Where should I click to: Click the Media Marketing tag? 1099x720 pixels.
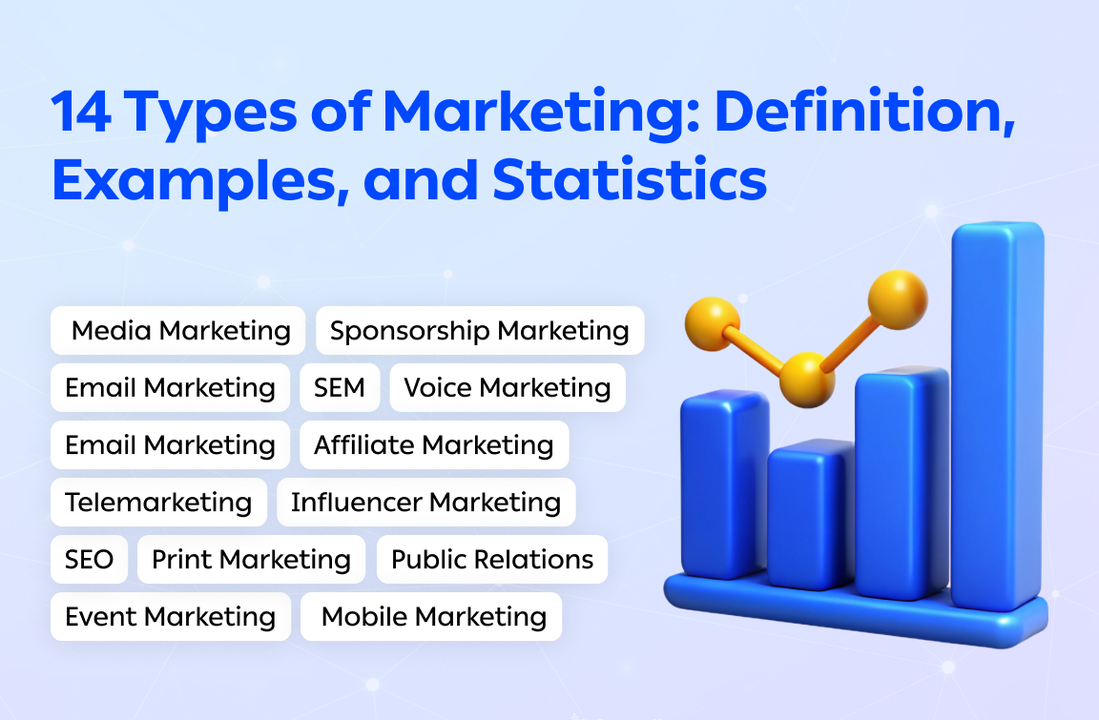[x=179, y=331]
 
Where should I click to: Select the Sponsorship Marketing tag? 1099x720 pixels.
[x=479, y=331]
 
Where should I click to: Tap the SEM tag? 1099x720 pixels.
[x=340, y=388]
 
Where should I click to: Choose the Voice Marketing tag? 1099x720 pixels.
[x=507, y=388]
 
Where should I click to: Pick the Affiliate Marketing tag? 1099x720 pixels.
[x=433, y=445]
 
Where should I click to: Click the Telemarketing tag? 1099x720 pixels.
[x=158, y=503]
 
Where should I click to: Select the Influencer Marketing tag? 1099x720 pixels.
[x=425, y=503]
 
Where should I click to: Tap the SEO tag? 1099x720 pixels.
[x=89, y=560]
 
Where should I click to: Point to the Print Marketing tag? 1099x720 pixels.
[x=251, y=560]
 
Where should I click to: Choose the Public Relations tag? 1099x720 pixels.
[x=492, y=560]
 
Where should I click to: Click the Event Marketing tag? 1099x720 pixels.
[x=170, y=617]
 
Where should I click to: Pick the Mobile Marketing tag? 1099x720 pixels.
[x=433, y=617]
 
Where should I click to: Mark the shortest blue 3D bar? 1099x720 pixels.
[x=810, y=515]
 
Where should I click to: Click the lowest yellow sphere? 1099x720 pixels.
[x=807, y=379]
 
